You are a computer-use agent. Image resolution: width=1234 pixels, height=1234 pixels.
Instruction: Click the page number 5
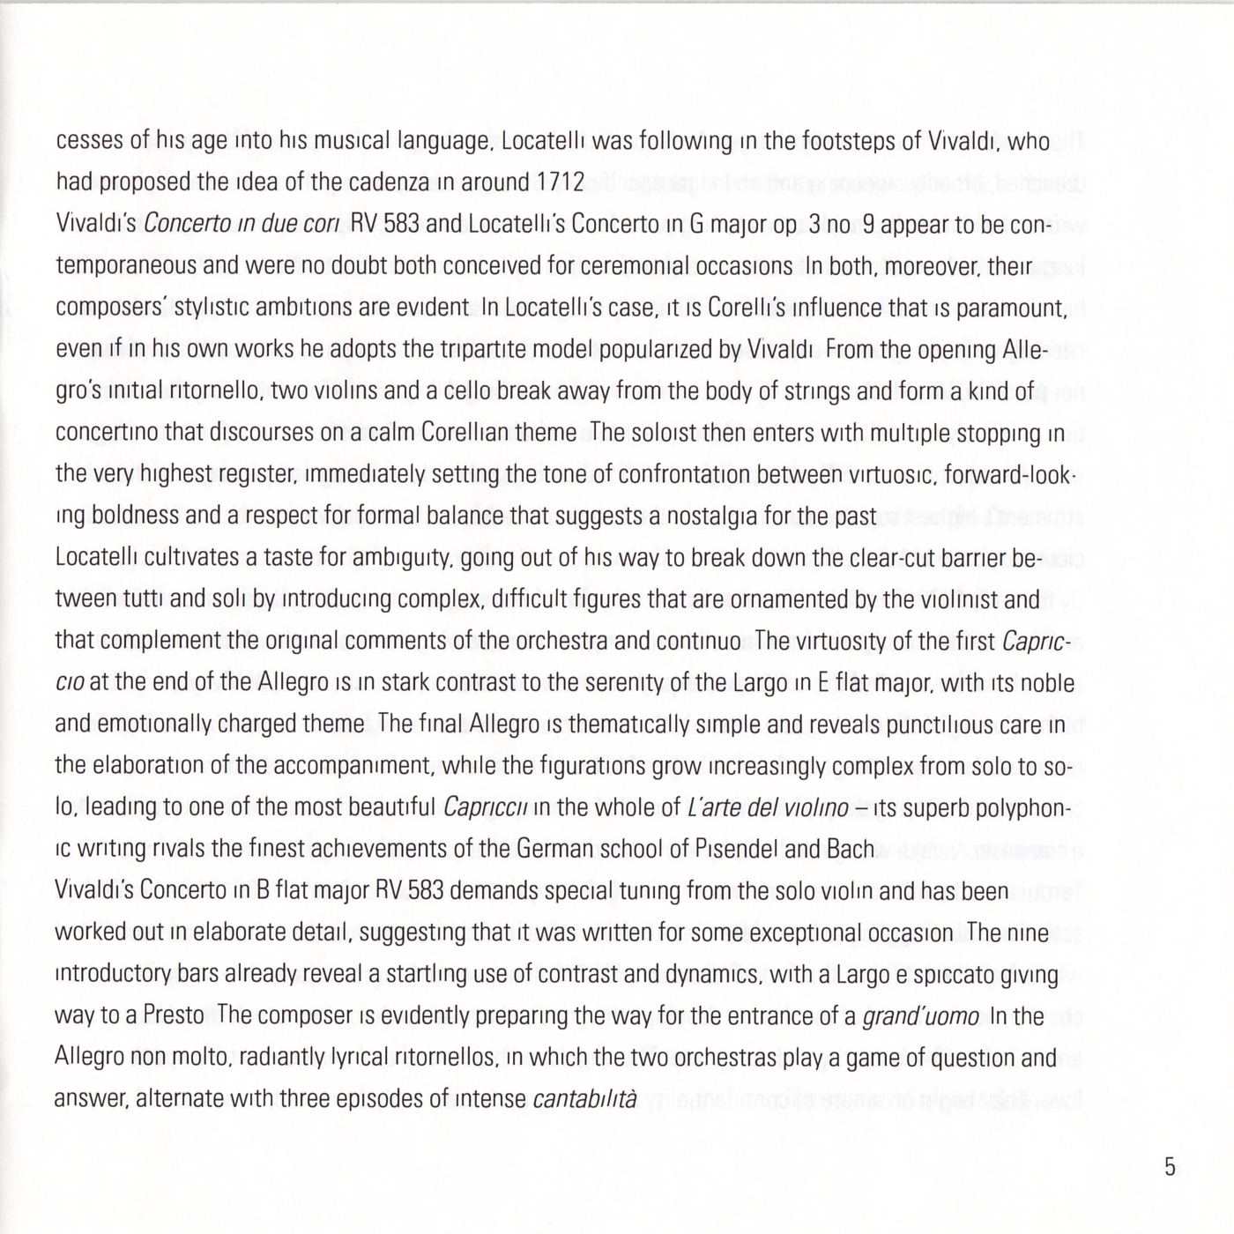1169,1167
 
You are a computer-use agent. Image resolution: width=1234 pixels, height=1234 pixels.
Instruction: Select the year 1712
559,182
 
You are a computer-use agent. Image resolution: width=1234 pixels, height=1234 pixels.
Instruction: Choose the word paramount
1011,308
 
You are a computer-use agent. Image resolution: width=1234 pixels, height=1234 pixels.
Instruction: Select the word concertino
99,433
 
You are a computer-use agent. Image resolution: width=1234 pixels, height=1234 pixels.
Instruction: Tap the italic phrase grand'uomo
919,1016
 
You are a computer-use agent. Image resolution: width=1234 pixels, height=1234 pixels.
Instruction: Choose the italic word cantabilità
584,1099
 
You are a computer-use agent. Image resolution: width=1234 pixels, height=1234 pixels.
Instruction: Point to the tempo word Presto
175,1015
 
